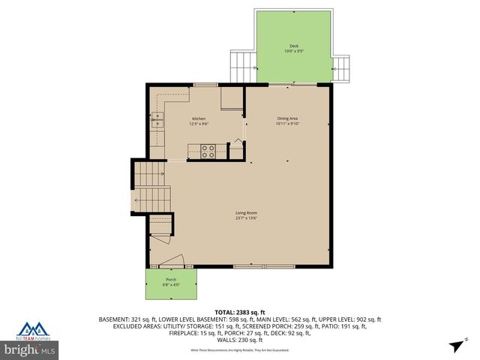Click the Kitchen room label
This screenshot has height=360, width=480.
[x=199, y=118]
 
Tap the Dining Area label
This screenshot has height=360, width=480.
[x=288, y=118]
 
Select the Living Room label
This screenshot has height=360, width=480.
[x=246, y=213]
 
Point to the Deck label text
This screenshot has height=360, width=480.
[x=294, y=46]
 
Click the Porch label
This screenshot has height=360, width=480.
[x=171, y=280]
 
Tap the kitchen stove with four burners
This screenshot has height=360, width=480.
[x=208, y=151]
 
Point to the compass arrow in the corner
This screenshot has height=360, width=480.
[x=456, y=346]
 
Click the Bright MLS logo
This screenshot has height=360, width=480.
[x=29, y=349]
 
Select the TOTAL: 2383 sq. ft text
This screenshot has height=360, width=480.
[x=240, y=311]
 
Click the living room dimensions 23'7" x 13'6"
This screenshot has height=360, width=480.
[x=246, y=219]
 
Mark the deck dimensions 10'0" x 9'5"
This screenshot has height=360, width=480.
[x=294, y=52]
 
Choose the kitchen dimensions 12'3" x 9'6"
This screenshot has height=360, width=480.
[x=199, y=124]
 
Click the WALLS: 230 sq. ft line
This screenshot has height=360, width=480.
[x=240, y=338]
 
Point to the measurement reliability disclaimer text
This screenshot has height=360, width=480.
[x=240, y=349]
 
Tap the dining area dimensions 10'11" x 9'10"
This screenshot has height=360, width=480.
[x=288, y=124]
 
